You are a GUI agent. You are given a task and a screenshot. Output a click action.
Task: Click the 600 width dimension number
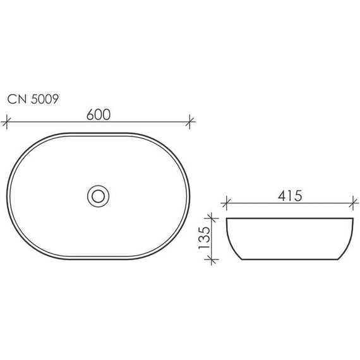pos(99,114)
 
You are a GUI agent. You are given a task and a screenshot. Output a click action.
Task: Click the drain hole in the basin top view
pos(98,195)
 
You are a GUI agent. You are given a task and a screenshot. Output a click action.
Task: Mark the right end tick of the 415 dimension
pos(351,203)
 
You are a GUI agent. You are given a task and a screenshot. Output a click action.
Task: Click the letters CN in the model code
pos(15,99)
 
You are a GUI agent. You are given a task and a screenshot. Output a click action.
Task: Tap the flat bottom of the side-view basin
pos(289,260)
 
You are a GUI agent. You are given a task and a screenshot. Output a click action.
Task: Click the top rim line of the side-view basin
pos(289,219)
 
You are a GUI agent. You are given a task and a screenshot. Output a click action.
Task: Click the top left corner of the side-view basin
pos(227,219)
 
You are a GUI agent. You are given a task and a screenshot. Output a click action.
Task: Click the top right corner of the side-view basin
pos(351,219)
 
